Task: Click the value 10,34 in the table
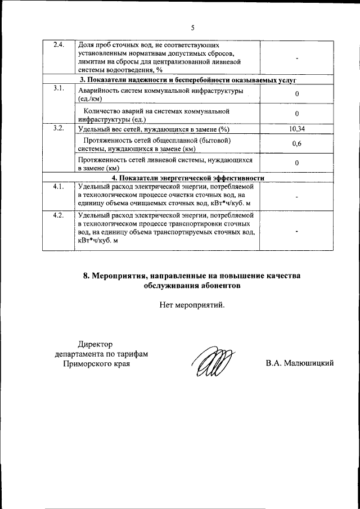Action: coord(296,129)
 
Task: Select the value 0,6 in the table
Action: coord(296,144)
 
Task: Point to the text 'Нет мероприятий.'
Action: coord(192,305)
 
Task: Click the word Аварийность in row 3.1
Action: coord(101,91)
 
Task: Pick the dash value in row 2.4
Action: coord(296,58)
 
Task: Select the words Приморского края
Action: coord(96,364)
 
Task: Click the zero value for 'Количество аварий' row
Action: coord(296,114)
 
